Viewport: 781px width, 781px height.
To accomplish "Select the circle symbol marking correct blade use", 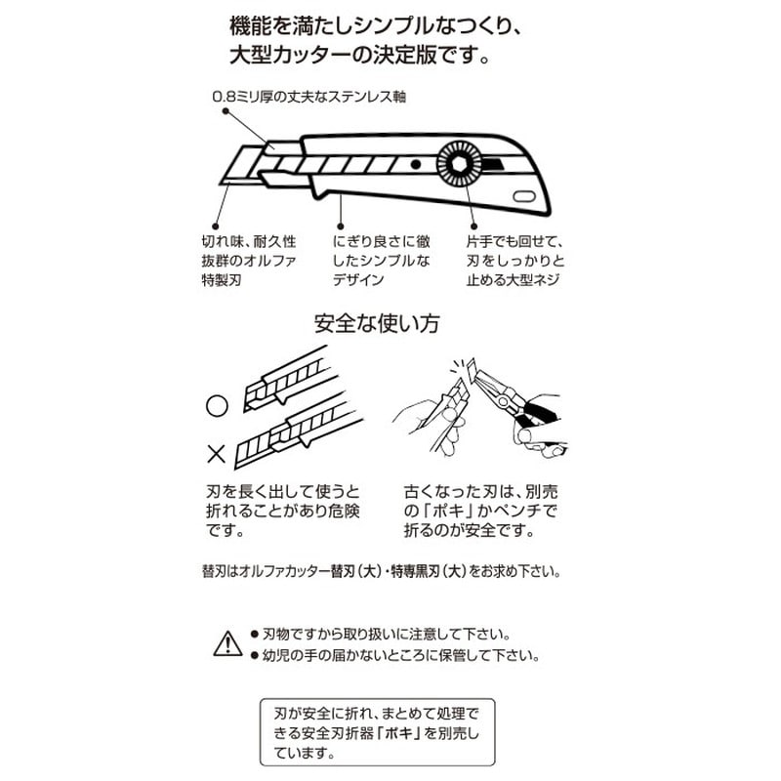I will click(217, 402).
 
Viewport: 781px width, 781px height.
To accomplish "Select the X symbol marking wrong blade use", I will click(217, 452).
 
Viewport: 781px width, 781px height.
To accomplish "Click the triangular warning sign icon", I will click(226, 643).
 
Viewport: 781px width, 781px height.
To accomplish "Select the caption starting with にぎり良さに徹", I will click(381, 260).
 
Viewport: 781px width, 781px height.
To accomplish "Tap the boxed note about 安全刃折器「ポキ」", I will click(377, 732).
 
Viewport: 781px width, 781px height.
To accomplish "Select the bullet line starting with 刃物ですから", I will click(393, 633).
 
